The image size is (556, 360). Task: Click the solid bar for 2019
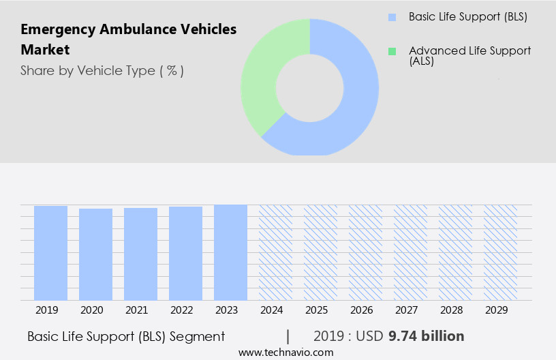point(50,253)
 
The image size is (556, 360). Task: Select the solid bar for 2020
point(95,254)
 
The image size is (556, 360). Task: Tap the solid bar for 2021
point(140,254)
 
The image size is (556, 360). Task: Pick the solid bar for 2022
point(185,253)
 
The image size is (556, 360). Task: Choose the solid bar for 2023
point(230,252)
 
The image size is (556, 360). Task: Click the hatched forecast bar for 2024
point(275,252)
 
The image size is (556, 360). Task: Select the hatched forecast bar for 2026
point(365,252)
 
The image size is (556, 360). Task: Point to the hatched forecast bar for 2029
point(500,252)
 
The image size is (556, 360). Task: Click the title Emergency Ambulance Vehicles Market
point(128,39)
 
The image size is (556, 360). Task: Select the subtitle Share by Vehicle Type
point(102,71)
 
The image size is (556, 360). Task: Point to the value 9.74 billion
point(426,336)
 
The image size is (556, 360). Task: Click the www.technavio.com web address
point(285,352)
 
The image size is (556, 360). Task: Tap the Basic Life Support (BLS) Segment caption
point(126,336)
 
